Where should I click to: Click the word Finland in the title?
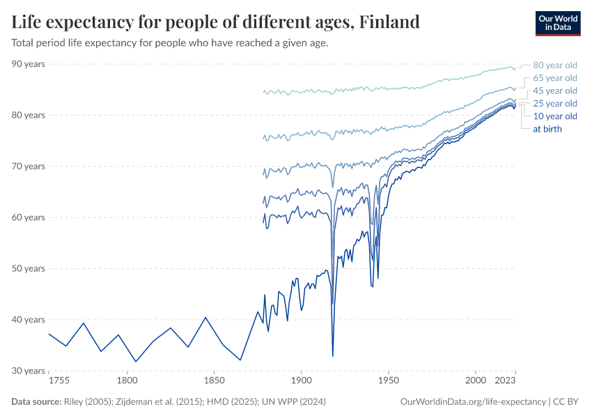(x=389, y=22)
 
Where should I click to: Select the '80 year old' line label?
(x=555, y=65)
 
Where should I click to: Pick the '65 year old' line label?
(x=555, y=78)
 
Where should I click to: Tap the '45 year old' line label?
(x=555, y=91)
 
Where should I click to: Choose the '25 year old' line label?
(x=555, y=103)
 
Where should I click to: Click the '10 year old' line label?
(x=555, y=116)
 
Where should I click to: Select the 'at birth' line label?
(x=547, y=129)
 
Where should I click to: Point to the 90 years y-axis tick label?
(x=29, y=64)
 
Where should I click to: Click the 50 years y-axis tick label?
(x=29, y=268)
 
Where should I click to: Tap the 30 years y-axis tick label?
(x=29, y=371)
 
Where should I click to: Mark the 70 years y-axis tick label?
(x=29, y=167)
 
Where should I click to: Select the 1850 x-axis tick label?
(x=214, y=381)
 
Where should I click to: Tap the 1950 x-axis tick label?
(x=388, y=381)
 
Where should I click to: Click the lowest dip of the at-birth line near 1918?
(x=333, y=356)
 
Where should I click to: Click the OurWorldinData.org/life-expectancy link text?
(x=474, y=402)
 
